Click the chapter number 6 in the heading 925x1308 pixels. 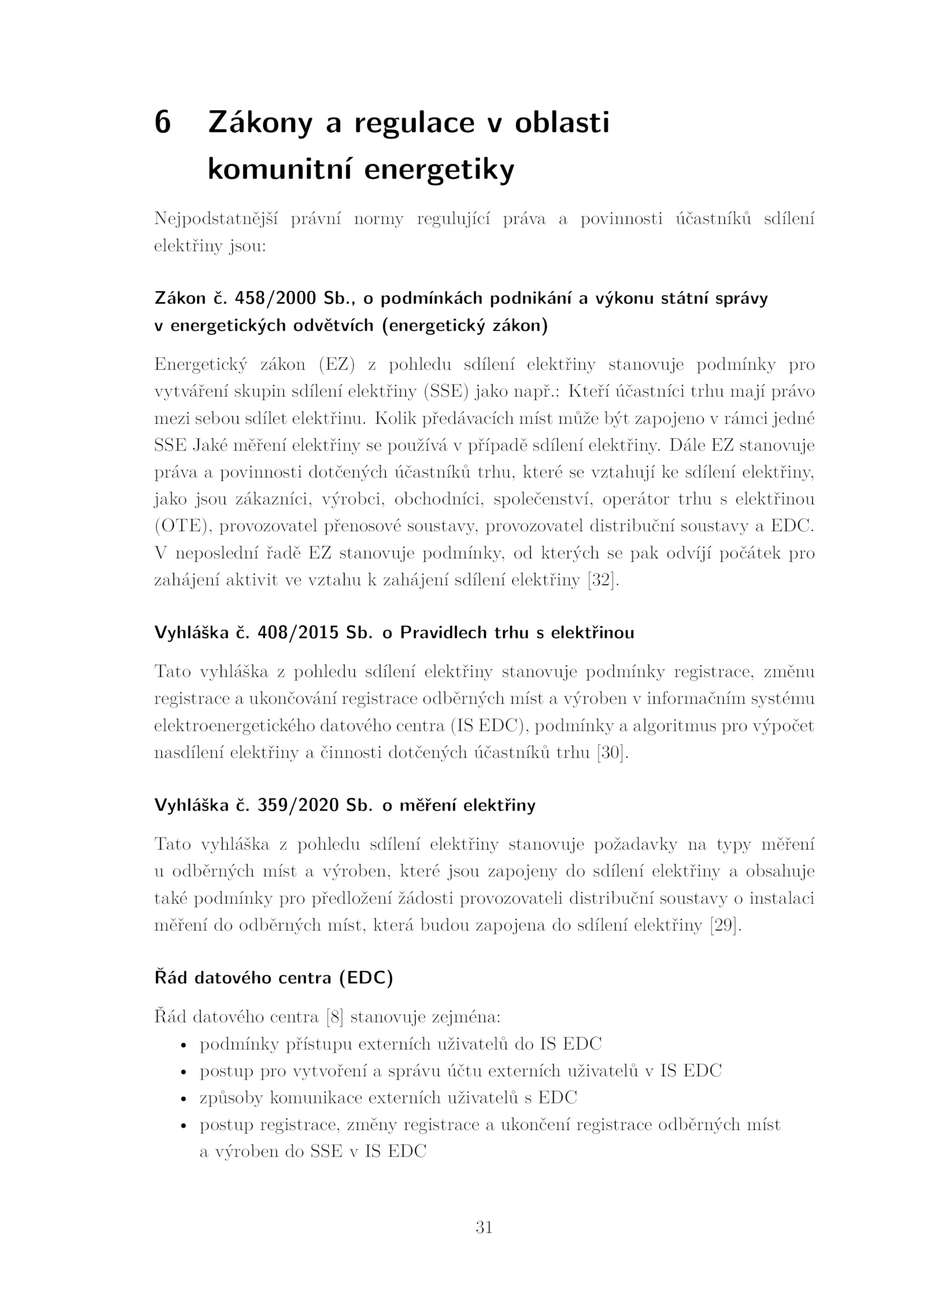click(x=162, y=123)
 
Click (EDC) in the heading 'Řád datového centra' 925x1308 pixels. click(x=366, y=978)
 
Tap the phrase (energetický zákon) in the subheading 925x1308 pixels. click(x=465, y=325)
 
